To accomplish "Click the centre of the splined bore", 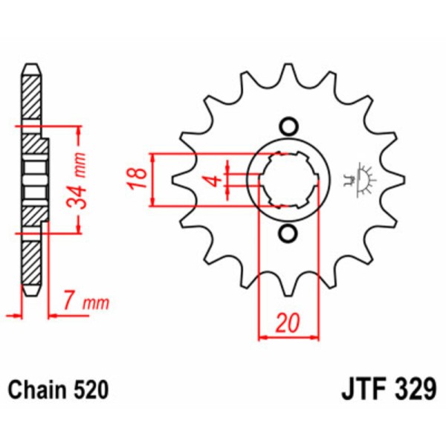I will tap(288, 180).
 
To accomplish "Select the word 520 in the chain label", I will tap(93, 389).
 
